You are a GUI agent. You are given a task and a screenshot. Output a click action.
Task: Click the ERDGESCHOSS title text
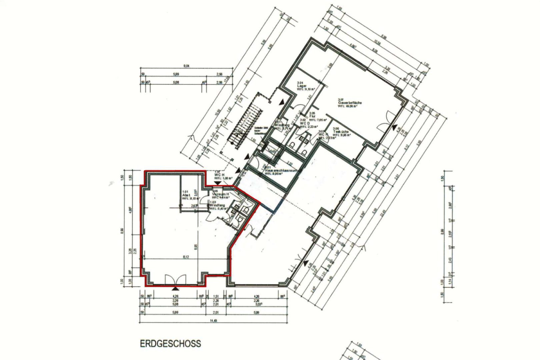[x=170, y=344]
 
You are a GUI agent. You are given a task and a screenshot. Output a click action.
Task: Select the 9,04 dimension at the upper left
[x=186, y=66]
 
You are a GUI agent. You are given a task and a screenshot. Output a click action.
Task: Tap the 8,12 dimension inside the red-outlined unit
[x=186, y=257]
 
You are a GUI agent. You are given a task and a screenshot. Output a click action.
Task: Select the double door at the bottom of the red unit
[x=175, y=279]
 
